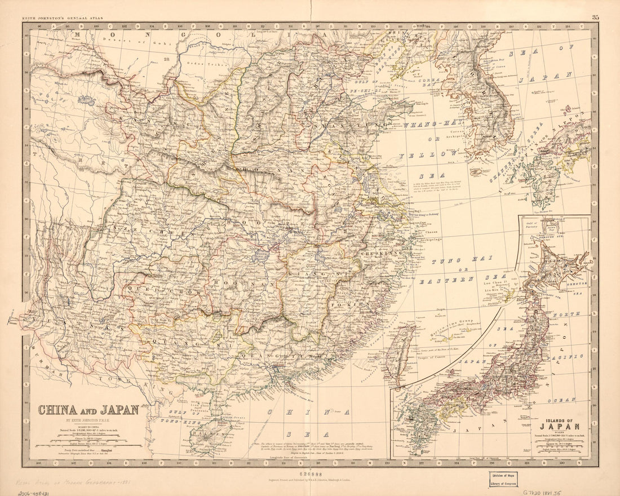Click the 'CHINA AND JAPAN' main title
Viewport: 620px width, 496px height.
(x=88, y=410)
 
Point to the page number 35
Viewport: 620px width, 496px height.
(x=595, y=17)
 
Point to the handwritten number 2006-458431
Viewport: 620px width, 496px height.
(x=25, y=492)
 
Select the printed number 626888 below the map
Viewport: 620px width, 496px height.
(x=310, y=475)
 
